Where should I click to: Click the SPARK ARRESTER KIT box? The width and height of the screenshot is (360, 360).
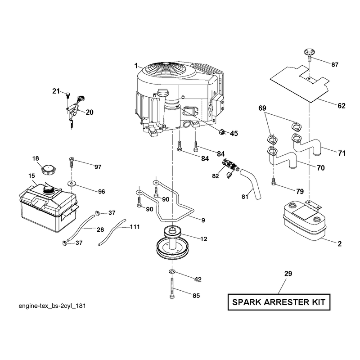pyautogui.click(x=279, y=302)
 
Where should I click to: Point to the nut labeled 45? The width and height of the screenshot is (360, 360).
pyautogui.click(x=222, y=132)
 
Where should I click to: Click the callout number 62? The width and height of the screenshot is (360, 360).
pyautogui.click(x=342, y=106)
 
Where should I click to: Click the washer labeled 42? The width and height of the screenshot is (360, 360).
pyautogui.click(x=172, y=272)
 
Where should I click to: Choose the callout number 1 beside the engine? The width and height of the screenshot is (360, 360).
pyautogui.click(x=136, y=66)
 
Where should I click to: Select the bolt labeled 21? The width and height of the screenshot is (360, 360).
pyautogui.click(x=68, y=95)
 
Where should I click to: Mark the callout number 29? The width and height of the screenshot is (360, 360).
pyautogui.click(x=288, y=274)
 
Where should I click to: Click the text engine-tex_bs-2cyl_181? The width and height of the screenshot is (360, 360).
pyautogui.click(x=52, y=306)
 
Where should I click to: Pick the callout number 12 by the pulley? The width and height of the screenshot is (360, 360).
pyautogui.click(x=204, y=239)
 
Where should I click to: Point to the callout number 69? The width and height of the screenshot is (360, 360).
pyautogui.click(x=262, y=108)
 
